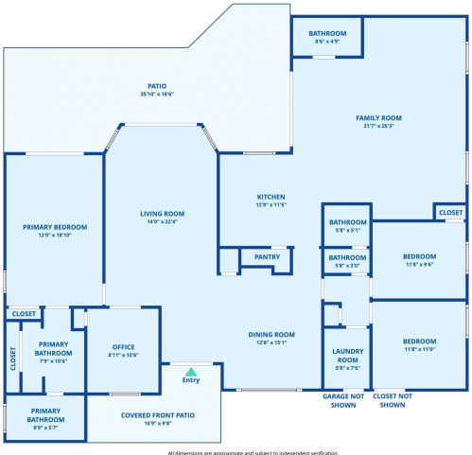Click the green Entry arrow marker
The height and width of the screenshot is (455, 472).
[191, 371]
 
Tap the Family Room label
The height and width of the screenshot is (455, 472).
[378, 118]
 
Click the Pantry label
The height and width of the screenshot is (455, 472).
[266, 255]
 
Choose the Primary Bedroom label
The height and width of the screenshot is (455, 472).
[55, 227]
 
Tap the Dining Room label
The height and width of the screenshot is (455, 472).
[271, 334]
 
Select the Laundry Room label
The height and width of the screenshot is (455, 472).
[347, 355]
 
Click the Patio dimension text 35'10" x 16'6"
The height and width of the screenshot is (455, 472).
[157, 94]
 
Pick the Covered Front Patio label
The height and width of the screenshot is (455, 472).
[158, 415]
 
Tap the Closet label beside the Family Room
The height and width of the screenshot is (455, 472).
[450, 213]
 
